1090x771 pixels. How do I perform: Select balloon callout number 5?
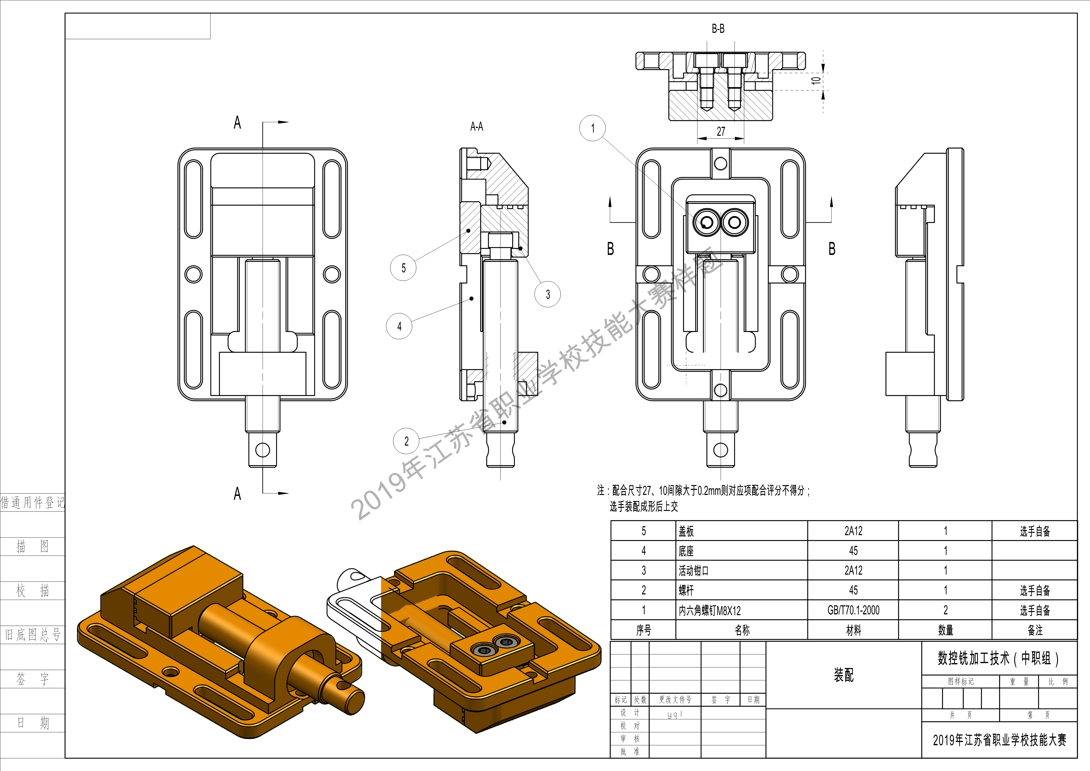tap(403, 268)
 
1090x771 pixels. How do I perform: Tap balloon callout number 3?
tap(548, 294)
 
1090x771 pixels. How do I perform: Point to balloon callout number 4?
tap(399, 326)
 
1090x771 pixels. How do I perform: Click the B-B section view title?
tap(718, 29)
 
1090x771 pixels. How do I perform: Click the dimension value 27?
tap(721, 132)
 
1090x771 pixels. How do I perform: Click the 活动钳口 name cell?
tap(694, 571)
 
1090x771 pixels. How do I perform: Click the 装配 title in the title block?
tap(844, 675)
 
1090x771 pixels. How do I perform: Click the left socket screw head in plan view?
tap(707, 222)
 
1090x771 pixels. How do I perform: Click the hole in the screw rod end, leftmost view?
tap(262, 449)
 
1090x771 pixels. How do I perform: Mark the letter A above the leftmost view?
tap(237, 122)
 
